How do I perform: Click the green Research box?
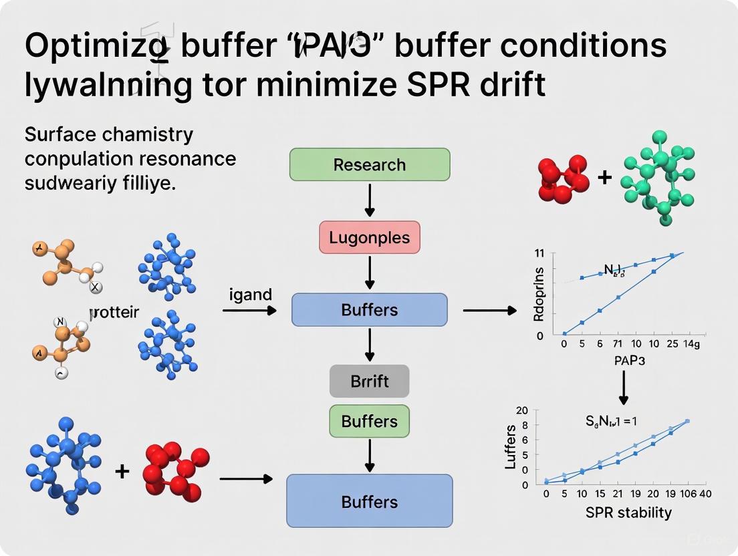coord(369,164)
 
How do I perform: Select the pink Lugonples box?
coord(369,237)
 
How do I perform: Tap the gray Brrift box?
coord(369,382)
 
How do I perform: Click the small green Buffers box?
coord(369,421)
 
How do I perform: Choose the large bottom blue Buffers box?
coord(369,501)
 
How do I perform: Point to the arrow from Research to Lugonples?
coord(369,200)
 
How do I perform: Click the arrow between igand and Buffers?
coord(249,311)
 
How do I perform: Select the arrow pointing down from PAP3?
coord(623,386)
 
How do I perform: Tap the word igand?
coord(250,294)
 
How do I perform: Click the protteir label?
coord(114,312)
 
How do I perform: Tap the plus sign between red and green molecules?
coord(604,178)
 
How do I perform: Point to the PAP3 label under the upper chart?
coord(623,361)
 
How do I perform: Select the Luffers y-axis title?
coord(511,446)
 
